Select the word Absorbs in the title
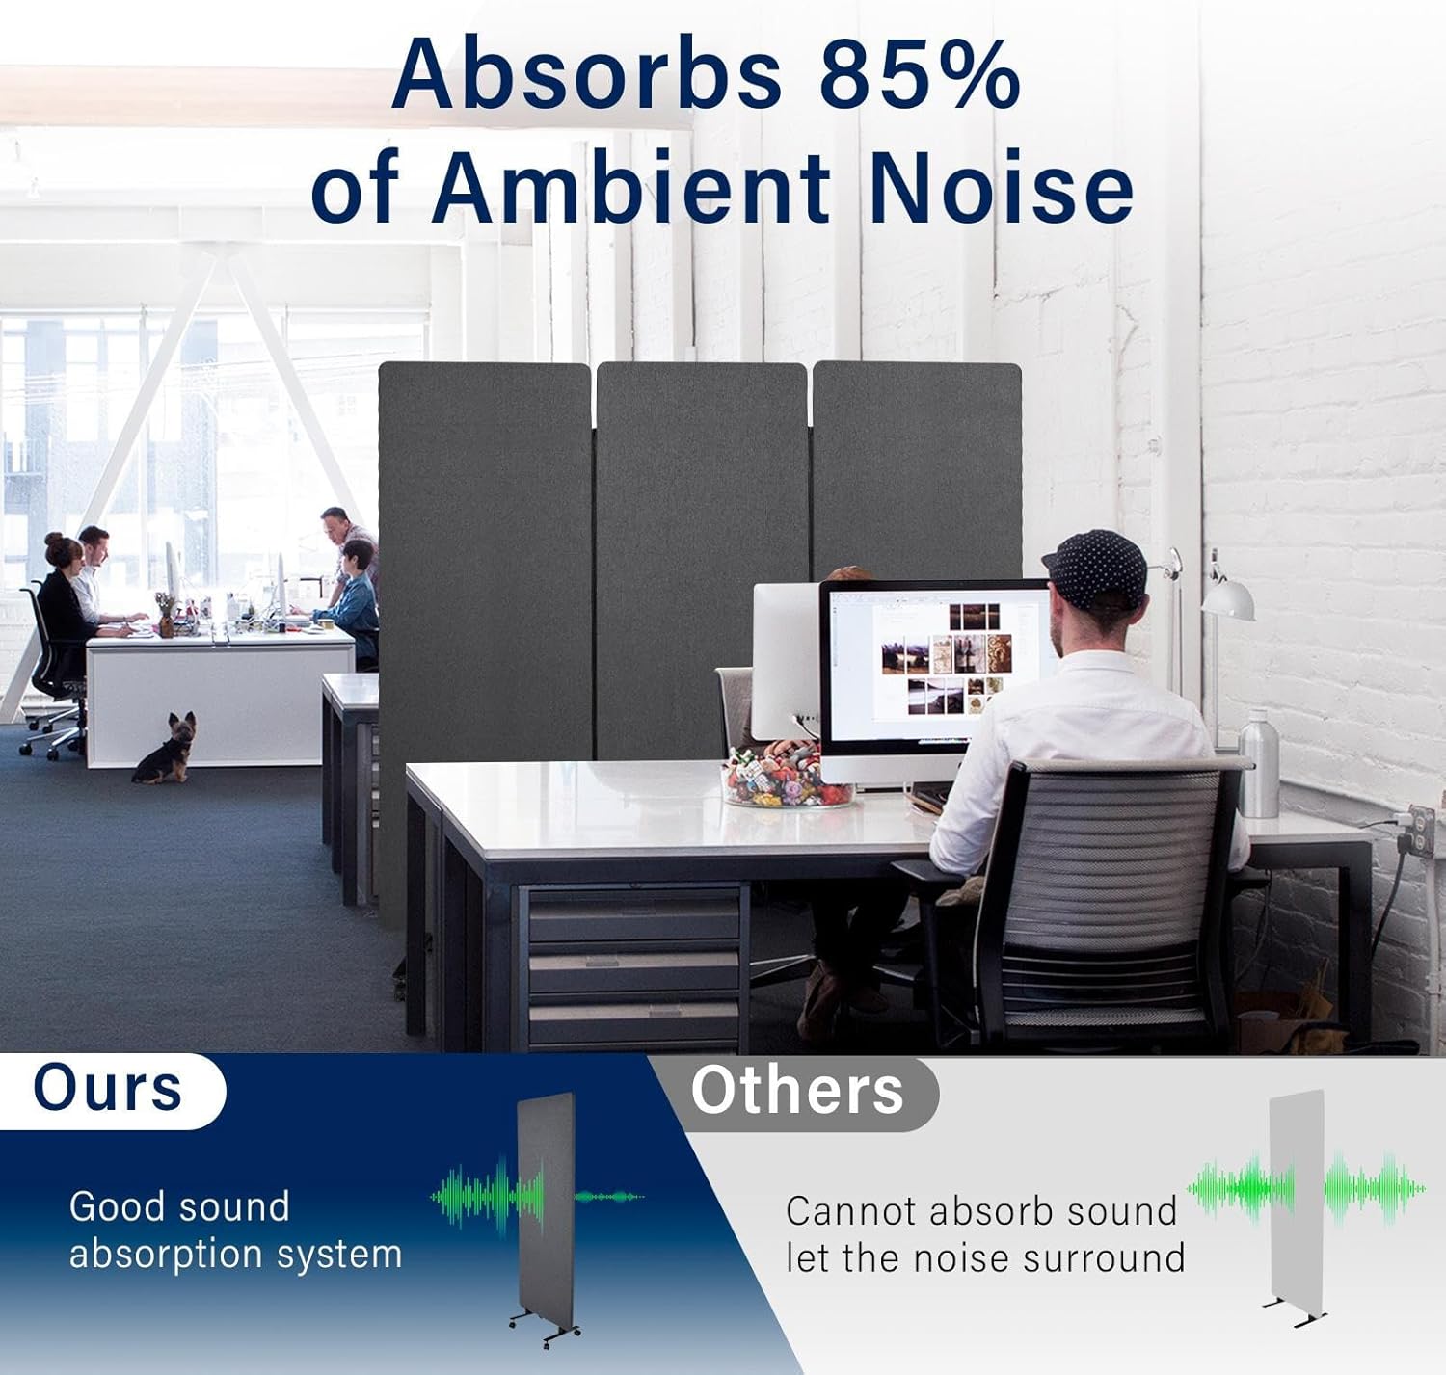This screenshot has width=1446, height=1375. (585, 75)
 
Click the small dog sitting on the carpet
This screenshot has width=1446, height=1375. (168, 747)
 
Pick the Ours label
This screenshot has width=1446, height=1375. (107, 1089)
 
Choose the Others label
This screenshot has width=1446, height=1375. (797, 1091)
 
